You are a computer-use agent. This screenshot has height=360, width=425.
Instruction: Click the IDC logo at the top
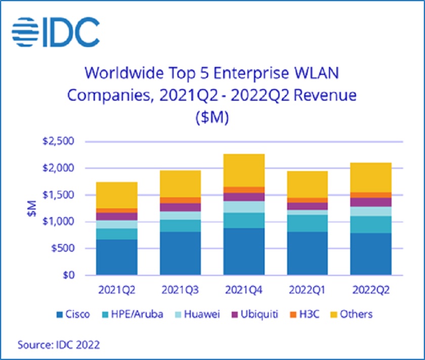(x=56, y=32)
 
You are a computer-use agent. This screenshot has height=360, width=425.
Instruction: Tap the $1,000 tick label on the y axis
(x=60, y=222)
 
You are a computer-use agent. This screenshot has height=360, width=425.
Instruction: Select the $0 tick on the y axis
(x=69, y=275)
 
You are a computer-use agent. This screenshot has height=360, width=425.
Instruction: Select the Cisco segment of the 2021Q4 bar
(x=244, y=252)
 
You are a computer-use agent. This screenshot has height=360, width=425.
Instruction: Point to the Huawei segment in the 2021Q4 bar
(x=244, y=207)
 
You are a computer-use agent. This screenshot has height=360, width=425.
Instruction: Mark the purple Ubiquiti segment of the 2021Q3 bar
(x=181, y=207)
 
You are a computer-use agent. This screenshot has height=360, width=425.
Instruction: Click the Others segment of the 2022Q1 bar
(x=308, y=184)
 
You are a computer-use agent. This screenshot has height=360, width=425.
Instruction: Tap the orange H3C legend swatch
(x=292, y=314)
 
